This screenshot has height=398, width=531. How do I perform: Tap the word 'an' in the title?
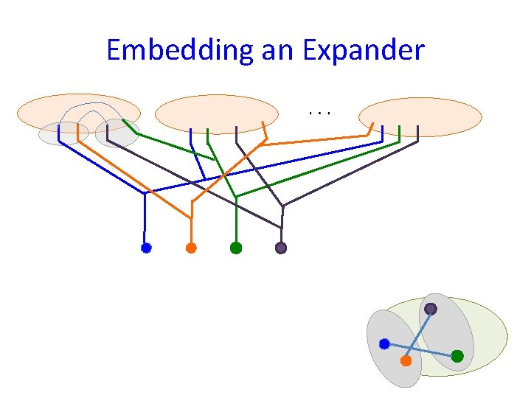pyautogui.click(x=276, y=50)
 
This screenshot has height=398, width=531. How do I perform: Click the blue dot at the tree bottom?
pyautogui.click(x=146, y=248)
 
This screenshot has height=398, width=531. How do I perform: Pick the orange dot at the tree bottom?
pyautogui.click(x=191, y=248)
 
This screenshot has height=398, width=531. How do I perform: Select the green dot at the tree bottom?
pyautogui.click(x=236, y=248)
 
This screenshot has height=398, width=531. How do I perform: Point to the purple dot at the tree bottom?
pyautogui.click(x=281, y=248)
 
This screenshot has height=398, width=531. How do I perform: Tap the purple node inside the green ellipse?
pyautogui.click(x=431, y=309)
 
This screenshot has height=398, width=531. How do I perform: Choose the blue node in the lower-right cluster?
pyautogui.click(x=384, y=343)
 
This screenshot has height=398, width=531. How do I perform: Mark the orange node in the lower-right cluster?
pyautogui.click(x=406, y=361)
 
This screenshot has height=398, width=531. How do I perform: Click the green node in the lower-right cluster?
pyautogui.click(x=457, y=356)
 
